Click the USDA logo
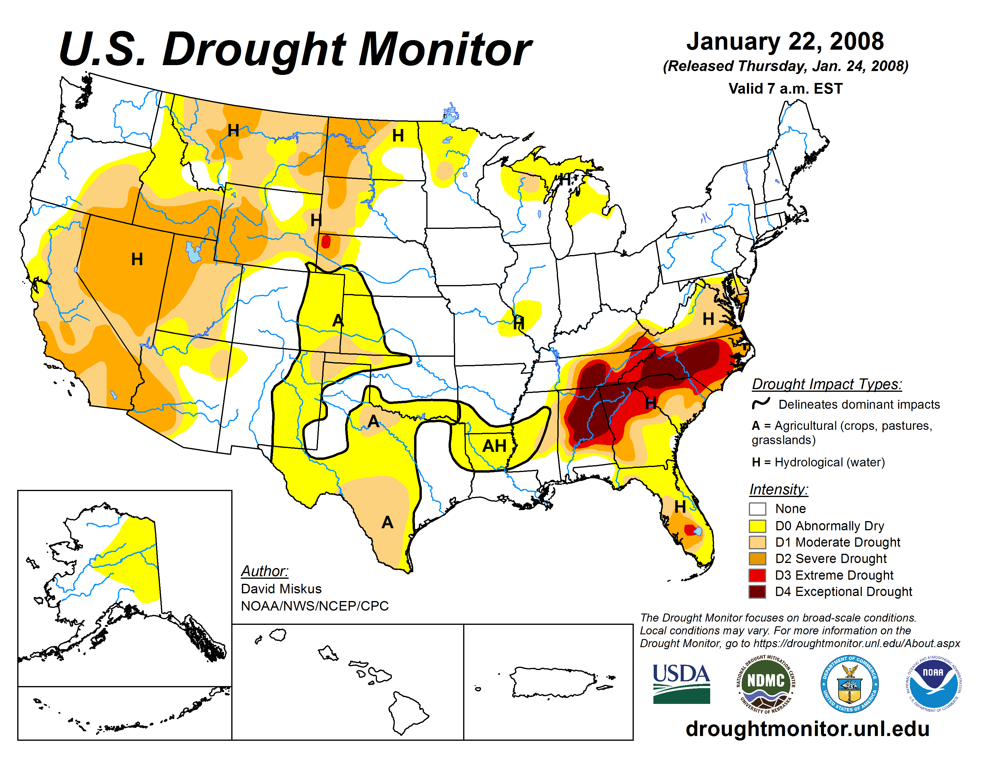[x=681, y=683]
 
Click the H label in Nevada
[x=137, y=259]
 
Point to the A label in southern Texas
[x=387, y=522]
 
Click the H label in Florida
[x=680, y=507]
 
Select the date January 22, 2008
[x=785, y=41]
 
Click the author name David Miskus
[x=281, y=589]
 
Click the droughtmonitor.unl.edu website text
[x=807, y=728]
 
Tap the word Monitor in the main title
[x=445, y=49]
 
